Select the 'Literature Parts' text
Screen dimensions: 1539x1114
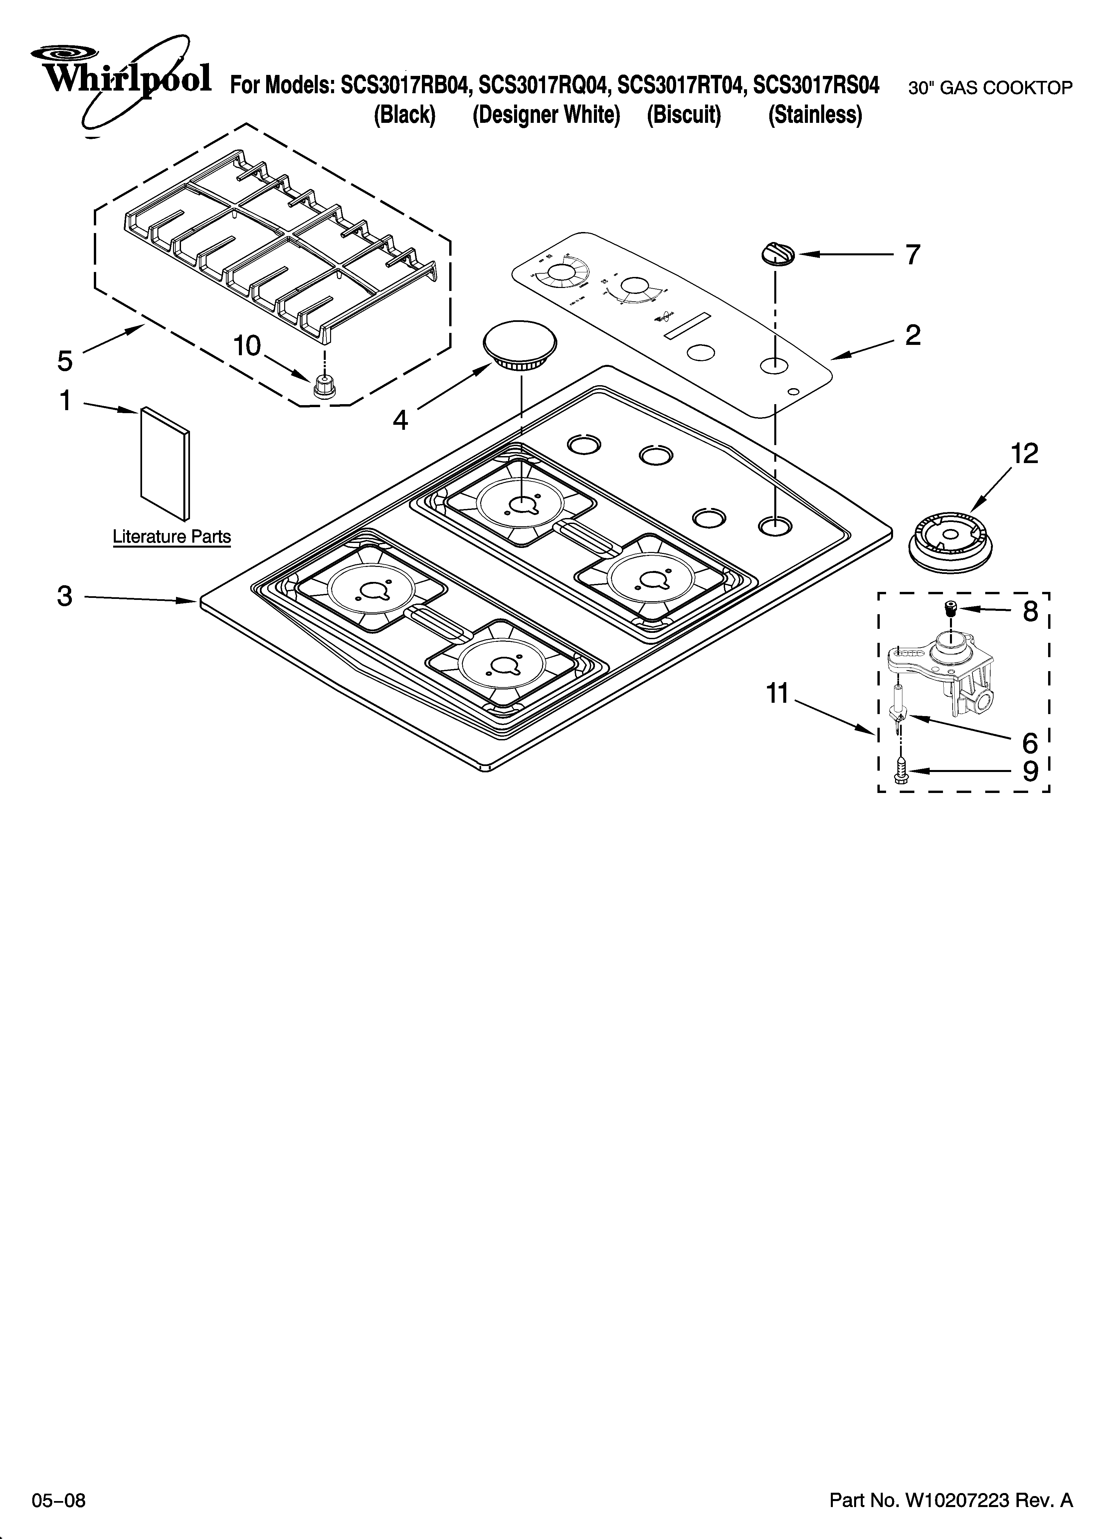click(x=172, y=537)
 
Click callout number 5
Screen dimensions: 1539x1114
click(x=65, y=361)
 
